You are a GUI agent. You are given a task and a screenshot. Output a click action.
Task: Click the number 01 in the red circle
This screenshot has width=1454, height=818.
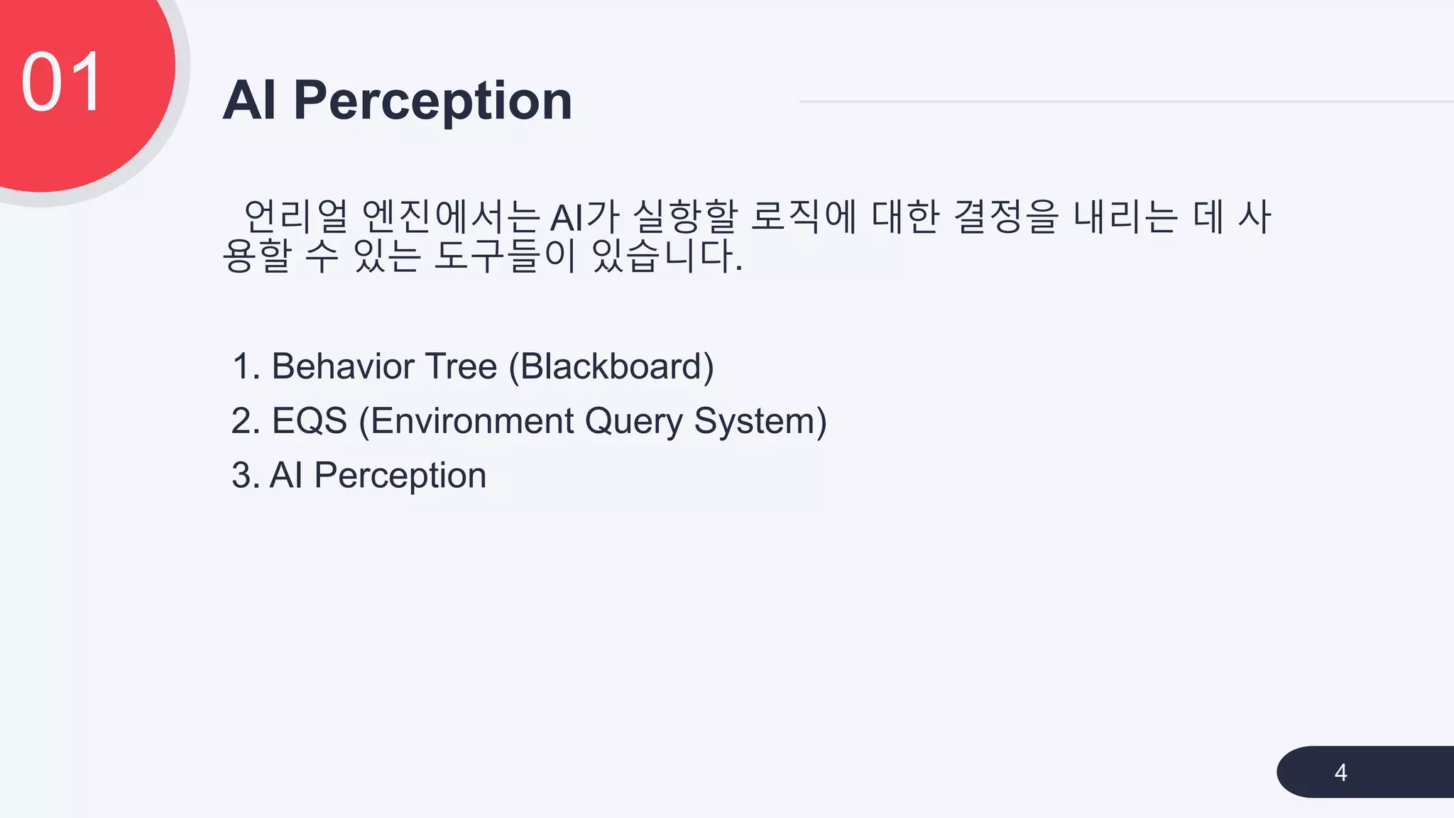62,83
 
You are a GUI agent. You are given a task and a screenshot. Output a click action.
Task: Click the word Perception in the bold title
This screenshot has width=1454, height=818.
432,102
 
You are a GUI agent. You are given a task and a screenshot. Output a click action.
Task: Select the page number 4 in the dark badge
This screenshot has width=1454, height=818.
1340,773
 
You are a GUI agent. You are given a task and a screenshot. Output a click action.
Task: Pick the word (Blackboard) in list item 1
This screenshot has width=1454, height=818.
611,367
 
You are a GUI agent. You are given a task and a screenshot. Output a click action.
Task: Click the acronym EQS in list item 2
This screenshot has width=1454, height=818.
310,421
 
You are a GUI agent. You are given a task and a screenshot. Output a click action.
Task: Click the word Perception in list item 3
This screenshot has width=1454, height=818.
400,476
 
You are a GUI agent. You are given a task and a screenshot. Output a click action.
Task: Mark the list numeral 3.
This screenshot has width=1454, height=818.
243,476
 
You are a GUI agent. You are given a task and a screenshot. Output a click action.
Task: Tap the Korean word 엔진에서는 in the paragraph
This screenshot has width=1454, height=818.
451,217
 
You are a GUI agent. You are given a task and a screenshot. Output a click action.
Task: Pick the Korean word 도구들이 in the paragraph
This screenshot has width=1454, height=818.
505,256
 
